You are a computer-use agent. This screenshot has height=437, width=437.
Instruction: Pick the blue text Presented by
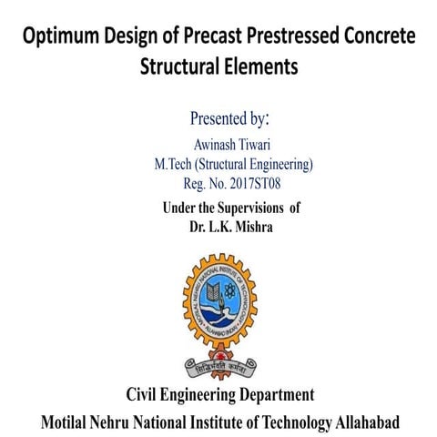[229, 118]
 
